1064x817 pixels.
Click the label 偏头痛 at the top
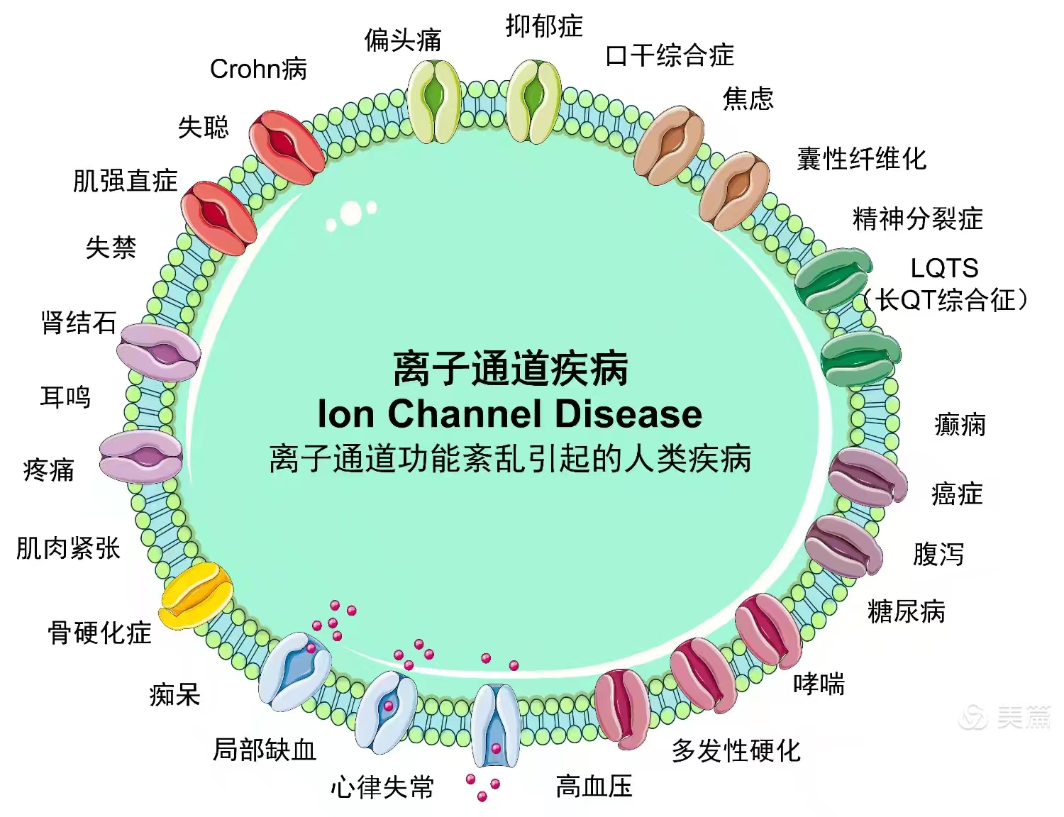tap(402, 40)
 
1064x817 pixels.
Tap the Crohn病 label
tap(258, 69)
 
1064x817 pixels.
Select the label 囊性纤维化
tap(861, 158)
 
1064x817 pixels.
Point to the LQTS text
tap(944, 268)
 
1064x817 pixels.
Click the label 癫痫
tap(960, 425)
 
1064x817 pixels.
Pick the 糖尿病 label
tap(906, 611)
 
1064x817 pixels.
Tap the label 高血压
tap(594, 786)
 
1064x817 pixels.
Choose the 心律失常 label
tap(382, 787)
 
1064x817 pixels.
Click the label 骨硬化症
tap(99, 632)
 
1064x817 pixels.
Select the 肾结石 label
tap(79, 323)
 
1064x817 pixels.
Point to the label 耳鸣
tap(65, 396)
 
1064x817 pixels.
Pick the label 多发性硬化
tap(736, 750)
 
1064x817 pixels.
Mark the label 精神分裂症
tap(917, 218)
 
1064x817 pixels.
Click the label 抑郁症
tap(544, 26)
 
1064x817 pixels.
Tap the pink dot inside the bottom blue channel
tap(496, 749)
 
